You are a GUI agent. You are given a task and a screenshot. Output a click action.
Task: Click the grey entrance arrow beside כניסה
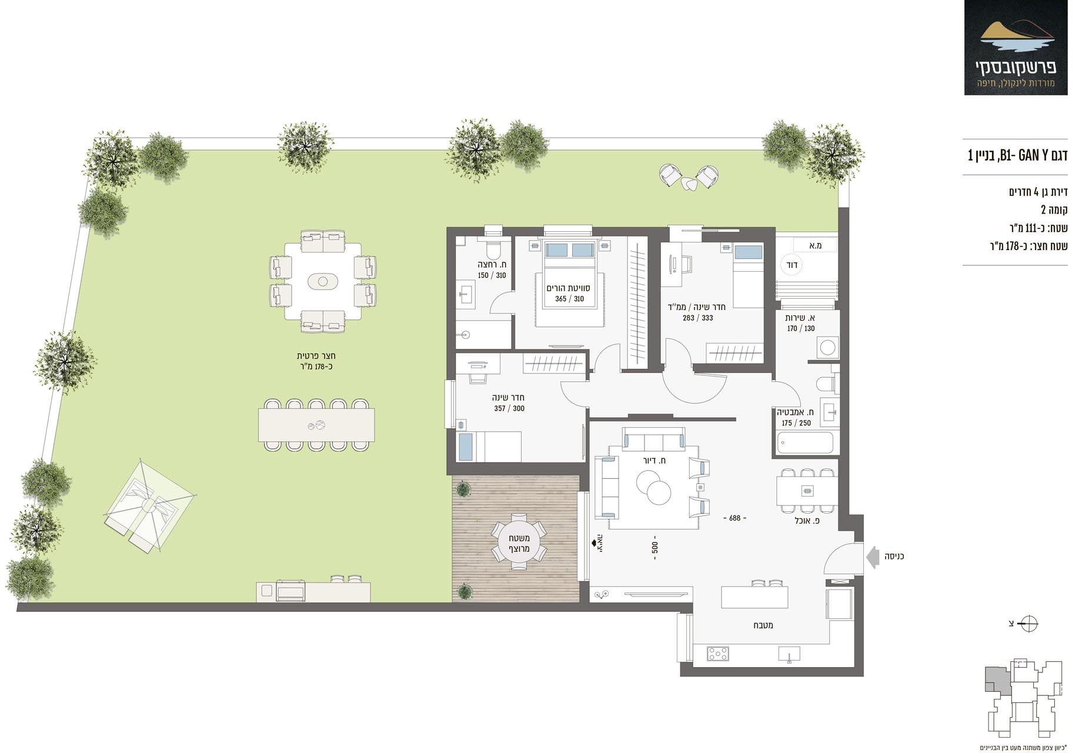[x=873, y=556]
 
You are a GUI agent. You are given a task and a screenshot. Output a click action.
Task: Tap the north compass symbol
[x=1029, y=624]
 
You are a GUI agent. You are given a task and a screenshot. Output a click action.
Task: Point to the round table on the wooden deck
[x=519, y=542]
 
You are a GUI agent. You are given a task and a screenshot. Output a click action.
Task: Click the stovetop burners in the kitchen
[x=717, y=654]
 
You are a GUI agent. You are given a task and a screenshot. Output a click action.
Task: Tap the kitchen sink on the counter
[x=789, y=654]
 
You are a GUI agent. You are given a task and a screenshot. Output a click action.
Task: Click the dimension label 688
[x=734, y=518]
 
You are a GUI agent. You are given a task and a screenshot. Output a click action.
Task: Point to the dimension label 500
[x=654, y=548]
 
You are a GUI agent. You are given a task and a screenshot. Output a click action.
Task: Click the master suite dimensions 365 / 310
[x=569, y=299]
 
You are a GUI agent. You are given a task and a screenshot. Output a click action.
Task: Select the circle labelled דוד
[x=792, y=265]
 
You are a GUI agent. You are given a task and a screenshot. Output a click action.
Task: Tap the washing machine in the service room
[x=827, y=348]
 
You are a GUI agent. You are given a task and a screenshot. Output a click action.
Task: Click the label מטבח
[x=763, y=625]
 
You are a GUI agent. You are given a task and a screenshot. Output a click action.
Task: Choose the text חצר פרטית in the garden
[x=316, y=356]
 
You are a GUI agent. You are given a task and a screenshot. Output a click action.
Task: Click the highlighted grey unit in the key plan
[x=997, y=680]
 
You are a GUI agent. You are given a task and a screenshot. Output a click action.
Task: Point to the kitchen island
[x=754, y=597]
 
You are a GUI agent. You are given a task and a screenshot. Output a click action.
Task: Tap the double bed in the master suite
[x=569, y=283]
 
